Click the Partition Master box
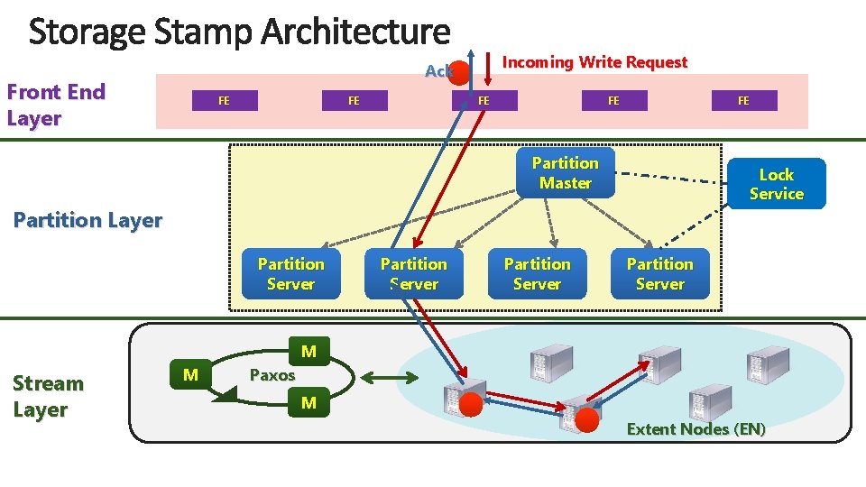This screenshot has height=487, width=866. click(565, 172)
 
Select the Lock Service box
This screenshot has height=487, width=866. click(776, 184)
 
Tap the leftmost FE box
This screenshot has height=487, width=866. click(224, 100)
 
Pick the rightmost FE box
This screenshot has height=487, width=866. click(743, 100)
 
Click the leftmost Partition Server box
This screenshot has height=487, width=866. click(290, 273)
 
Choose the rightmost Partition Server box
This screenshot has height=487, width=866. click(659, 273)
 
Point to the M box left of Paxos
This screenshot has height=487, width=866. click(190, 374)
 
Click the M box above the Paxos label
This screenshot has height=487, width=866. click(309, 351)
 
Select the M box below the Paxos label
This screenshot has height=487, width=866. click(309, 403)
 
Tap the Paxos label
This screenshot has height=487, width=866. click(272, 375)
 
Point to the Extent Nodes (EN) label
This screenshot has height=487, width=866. click(696, 429)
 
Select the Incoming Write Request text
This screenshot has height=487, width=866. click(594, 62)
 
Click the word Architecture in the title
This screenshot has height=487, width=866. click(355, 32)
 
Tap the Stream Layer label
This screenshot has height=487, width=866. click(48, 396)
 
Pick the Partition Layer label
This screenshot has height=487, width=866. click(88, 220)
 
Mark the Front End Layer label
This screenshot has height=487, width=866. click(56, 105)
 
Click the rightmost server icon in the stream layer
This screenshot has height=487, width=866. click(768, 363)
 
